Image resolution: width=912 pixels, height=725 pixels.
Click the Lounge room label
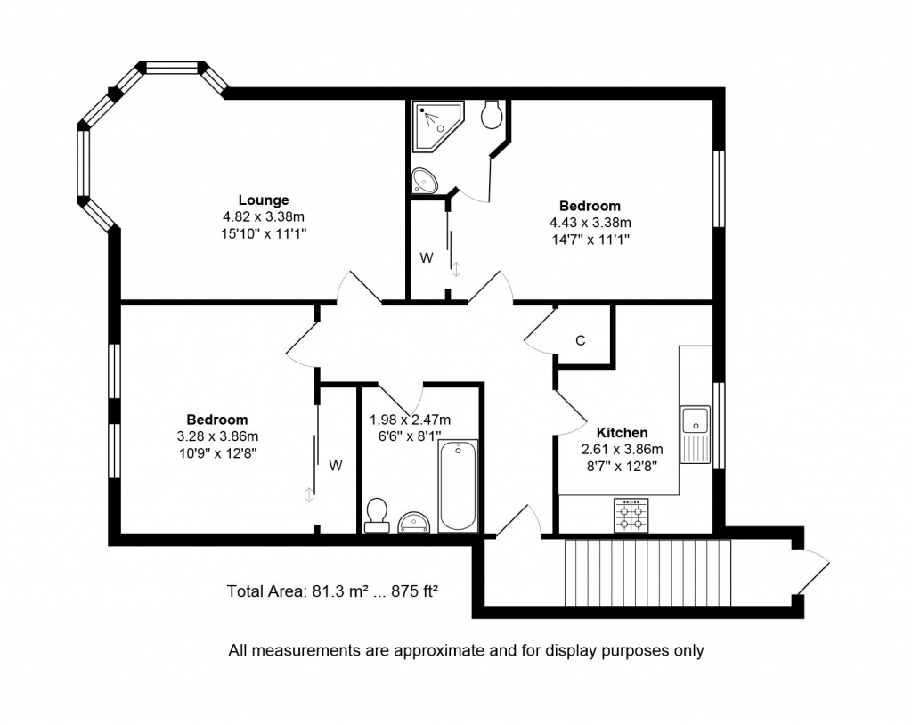264,200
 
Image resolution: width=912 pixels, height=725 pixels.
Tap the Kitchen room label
622,432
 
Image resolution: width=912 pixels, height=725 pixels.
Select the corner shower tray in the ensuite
437,126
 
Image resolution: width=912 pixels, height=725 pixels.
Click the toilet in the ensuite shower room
492,114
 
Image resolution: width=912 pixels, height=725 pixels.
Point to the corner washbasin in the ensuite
425,181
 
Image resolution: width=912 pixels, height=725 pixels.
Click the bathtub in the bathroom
459,485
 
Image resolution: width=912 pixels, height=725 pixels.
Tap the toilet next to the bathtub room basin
377,516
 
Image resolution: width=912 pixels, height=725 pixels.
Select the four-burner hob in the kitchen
631,515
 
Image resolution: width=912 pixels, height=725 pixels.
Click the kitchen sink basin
695,419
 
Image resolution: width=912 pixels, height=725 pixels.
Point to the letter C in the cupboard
580,340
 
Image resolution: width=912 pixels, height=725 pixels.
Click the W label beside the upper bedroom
427,257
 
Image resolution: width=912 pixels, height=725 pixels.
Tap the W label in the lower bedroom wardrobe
336,466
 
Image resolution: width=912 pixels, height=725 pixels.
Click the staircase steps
647,573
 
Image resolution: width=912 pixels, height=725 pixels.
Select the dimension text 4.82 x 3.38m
264,217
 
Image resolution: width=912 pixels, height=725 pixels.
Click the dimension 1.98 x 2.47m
410,420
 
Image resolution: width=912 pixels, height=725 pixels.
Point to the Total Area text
332,591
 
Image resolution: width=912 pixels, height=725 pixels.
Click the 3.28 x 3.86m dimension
217,436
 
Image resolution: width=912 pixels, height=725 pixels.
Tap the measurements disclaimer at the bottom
466,650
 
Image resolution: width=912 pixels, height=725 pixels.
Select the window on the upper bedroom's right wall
720,189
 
